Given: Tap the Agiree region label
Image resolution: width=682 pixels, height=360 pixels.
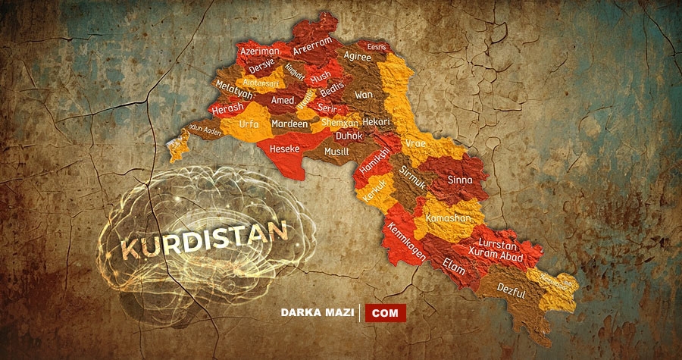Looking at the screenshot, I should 357,56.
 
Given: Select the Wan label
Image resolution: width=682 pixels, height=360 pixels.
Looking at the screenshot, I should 364,95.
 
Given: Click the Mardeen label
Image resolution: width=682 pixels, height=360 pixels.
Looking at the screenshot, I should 289,124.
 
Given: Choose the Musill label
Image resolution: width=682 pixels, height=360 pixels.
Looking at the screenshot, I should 336,152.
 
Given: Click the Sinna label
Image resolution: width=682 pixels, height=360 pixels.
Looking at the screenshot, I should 460,180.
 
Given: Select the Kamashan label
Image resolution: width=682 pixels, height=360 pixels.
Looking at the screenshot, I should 453,218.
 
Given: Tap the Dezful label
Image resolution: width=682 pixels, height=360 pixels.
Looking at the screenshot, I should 511,289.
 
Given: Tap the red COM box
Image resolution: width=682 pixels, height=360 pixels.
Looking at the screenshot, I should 385,311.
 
